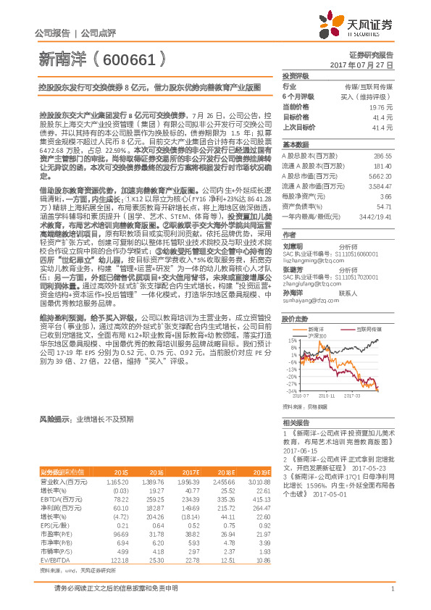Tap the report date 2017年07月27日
point(361,64)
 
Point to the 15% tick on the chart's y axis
point(291,340)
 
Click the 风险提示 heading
point(55,419)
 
